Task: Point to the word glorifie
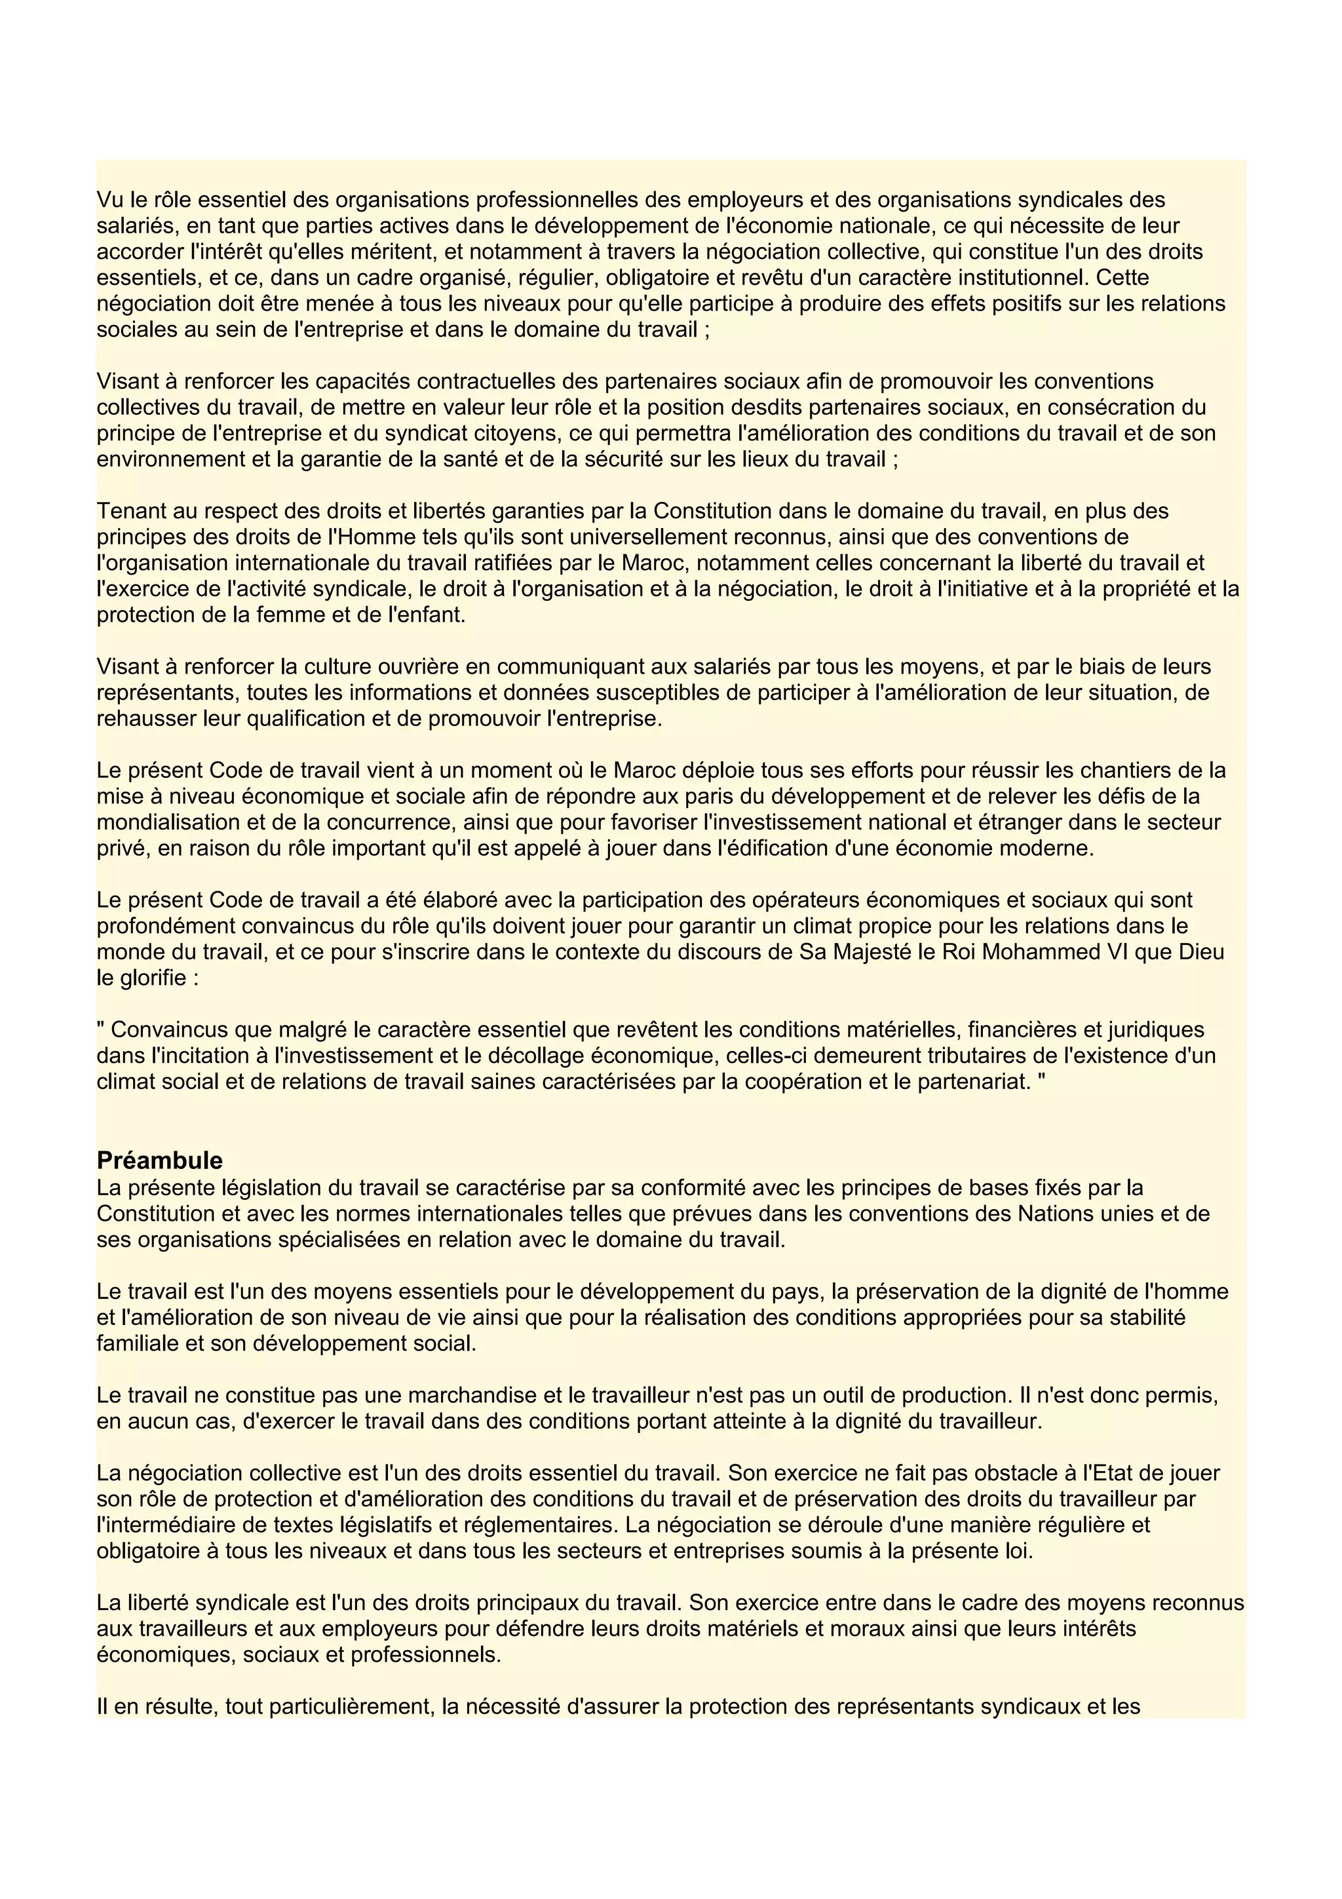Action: point(151,978)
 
